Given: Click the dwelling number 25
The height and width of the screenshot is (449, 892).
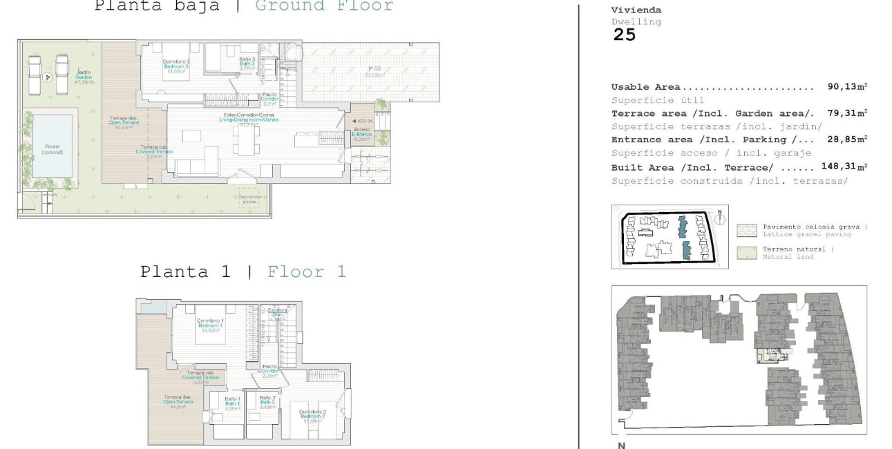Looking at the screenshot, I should (x=624, y=35).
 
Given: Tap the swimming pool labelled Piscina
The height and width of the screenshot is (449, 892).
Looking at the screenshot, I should (x=52, y=146).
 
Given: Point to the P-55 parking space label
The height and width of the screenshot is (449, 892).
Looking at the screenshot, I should (x=374, y=71).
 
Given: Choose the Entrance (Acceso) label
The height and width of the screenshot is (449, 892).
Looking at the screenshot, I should (x=361, y=133).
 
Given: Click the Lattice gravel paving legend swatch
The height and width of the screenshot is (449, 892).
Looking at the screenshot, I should (x=746, y=230).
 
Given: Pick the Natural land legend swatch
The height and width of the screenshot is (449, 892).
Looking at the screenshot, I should (x=746, y=252).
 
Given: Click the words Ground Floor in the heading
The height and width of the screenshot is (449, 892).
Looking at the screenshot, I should (x=324, y=6).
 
